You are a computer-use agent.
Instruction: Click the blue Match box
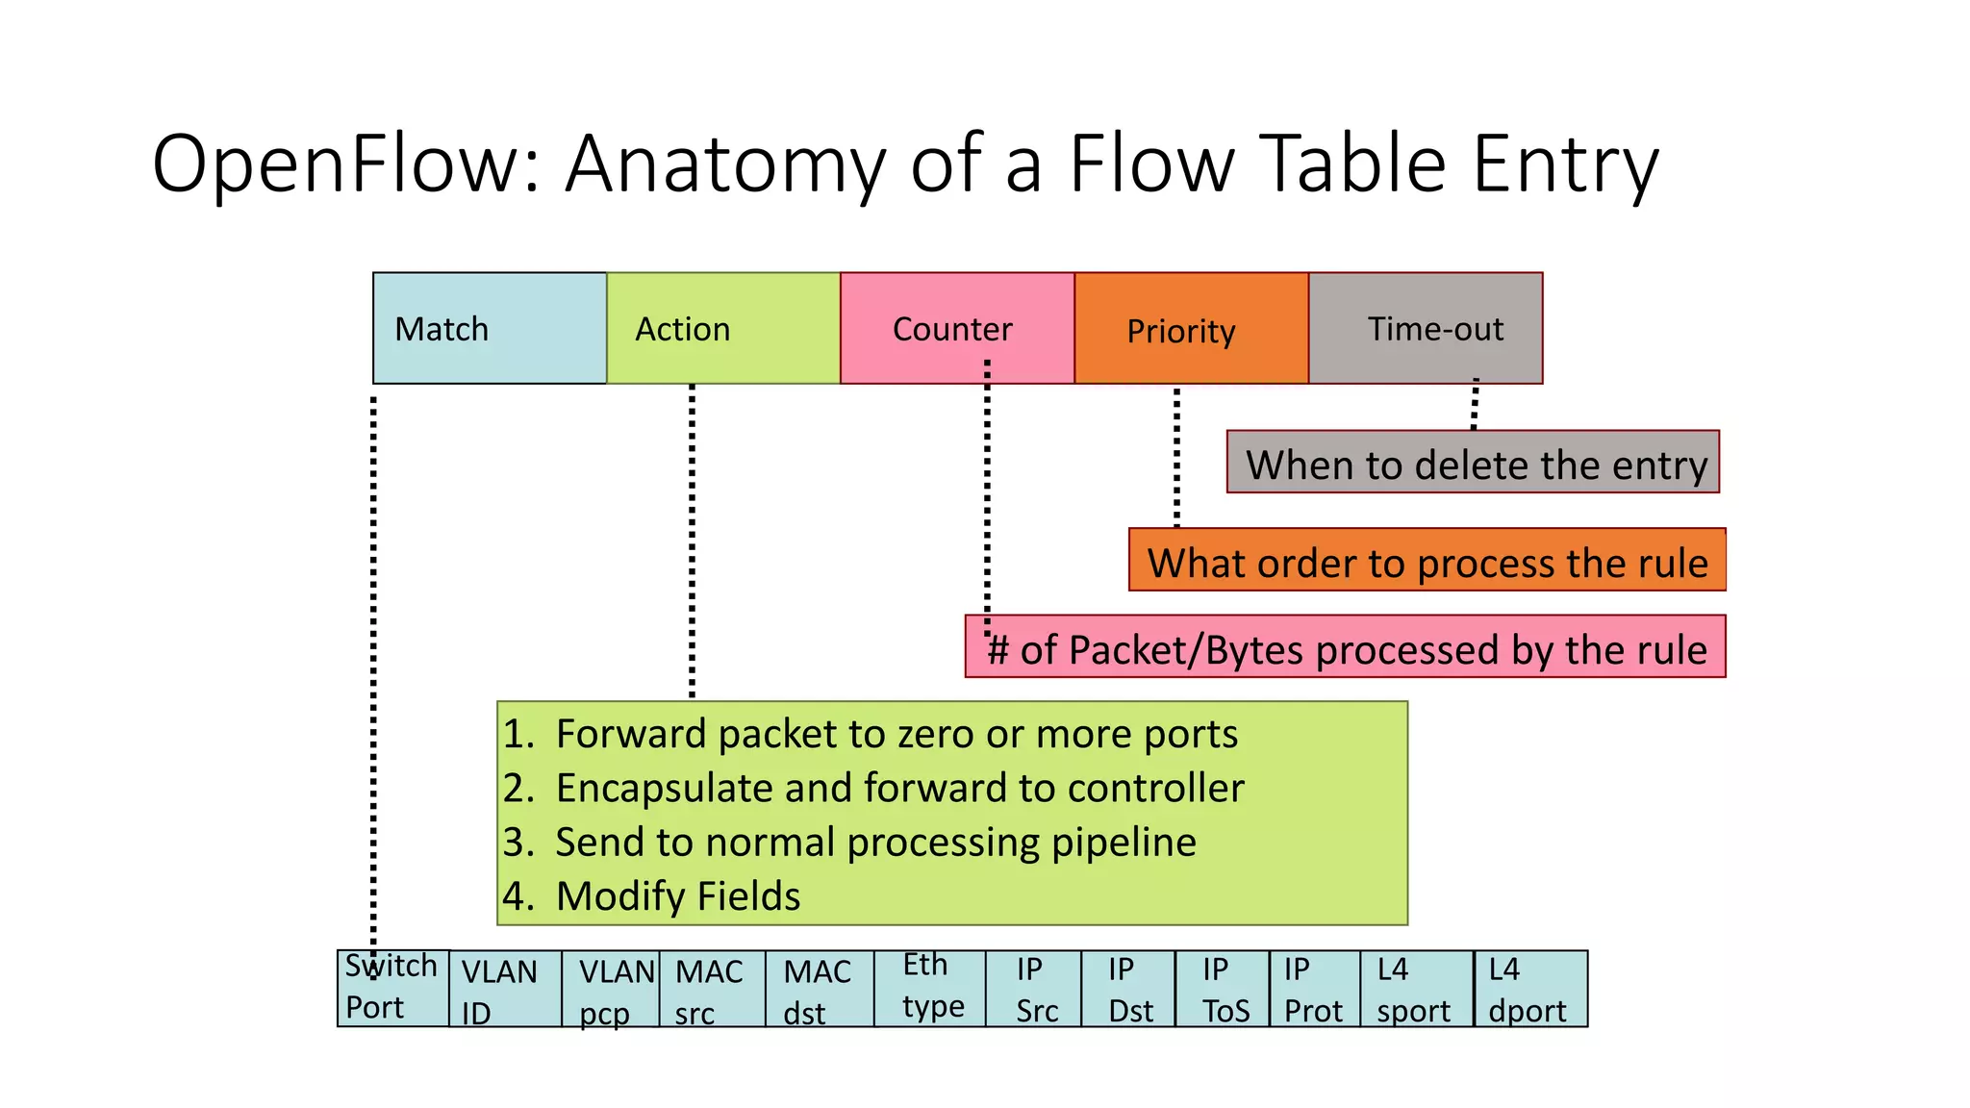(490, 328)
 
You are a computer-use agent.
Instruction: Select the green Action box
(722, 328)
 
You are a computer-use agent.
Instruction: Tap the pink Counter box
(956, 328)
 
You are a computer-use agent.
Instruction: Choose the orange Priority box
(1191, 328)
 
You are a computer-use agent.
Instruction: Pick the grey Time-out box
(1425, 328)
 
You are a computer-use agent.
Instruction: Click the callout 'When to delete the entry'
(1473, 463)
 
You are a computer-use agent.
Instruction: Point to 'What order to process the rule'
(1427, 561)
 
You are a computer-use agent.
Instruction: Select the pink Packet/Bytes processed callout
(1345, 647)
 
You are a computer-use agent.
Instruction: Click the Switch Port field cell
(392, 988)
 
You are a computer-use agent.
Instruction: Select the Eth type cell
(930, 988)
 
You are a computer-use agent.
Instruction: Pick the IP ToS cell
(1222, 989)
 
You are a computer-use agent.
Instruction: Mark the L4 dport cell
(1530, 989)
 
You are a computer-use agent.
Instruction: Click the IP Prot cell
(1314, 989)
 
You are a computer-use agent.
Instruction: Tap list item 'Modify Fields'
(677, 895)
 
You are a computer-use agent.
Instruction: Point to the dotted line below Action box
(692, 539)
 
